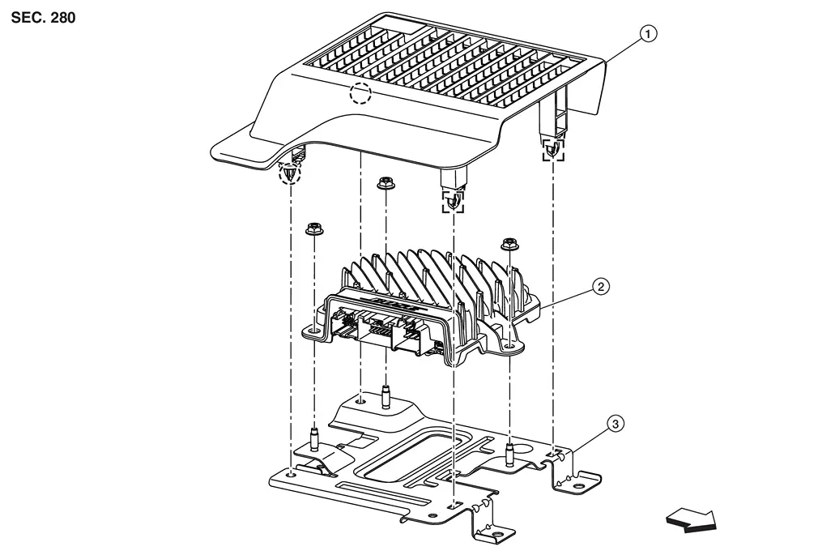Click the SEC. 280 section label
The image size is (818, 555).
[43, 18]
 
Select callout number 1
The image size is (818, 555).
[648, 35]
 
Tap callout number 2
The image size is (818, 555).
[601, 287]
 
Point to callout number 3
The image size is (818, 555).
[616, 424]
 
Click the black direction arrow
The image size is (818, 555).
[692, 520]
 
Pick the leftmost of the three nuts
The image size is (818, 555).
[313, 229]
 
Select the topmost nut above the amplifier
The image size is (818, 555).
[385, 183]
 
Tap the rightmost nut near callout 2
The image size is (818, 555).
[509, 245]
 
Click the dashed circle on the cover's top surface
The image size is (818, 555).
[360, 93]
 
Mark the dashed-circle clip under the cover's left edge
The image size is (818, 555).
[289, 173]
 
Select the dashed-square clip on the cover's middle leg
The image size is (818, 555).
[453, 202]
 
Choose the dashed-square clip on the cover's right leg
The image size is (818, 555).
[553, 149]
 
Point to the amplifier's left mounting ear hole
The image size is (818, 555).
[313, 331]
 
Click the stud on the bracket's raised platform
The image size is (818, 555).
[386, 397]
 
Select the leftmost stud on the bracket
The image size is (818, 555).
[314, 440]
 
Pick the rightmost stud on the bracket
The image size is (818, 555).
[509, 454]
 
